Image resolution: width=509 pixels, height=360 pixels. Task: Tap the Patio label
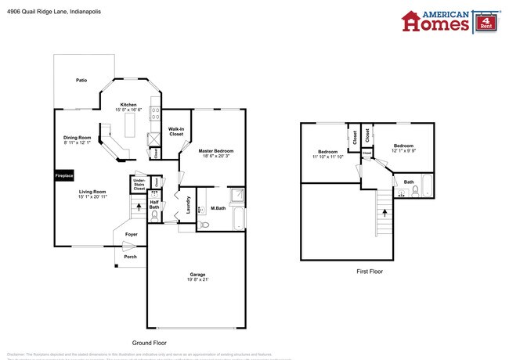81,80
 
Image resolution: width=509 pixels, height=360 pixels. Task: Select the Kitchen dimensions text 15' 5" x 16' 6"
128,110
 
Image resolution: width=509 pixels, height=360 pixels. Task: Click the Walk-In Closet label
176,131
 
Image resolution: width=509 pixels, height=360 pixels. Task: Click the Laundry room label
188,205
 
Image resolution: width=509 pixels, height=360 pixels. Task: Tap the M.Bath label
218,208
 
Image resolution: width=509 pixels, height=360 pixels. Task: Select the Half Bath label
154,203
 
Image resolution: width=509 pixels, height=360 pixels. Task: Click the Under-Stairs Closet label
139,185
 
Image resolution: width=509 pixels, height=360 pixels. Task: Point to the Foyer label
132,234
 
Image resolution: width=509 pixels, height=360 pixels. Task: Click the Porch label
130,256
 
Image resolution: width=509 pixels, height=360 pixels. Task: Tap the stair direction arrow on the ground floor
139,207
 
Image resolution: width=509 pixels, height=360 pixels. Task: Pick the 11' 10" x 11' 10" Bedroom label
327,154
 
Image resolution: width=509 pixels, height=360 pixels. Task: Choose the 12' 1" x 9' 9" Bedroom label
403,149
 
